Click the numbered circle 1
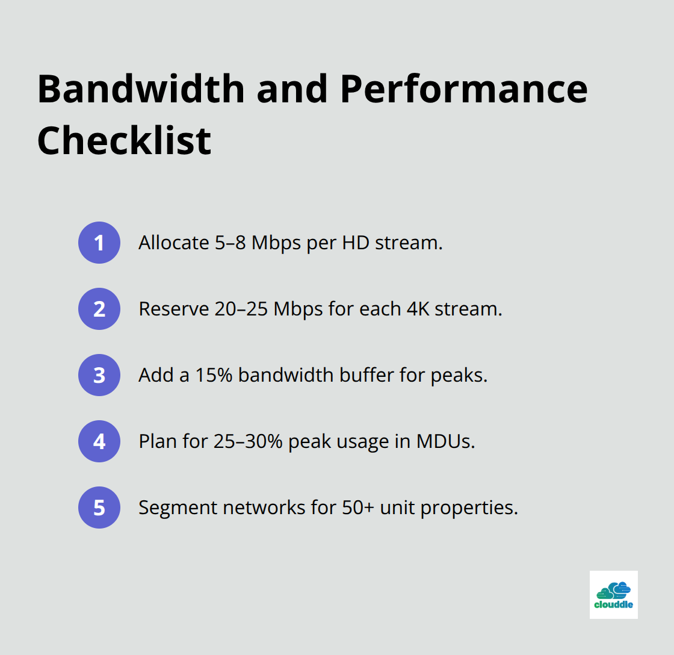coord(99,243)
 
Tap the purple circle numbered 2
coord(99,309)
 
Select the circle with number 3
coord(99,375)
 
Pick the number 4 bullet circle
coord(99,441)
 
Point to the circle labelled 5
coord(99,508)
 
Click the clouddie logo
coord(613,595)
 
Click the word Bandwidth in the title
coord(141,89)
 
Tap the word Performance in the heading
coord(464,89)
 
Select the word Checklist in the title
coord(124,141)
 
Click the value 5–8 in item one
coord(230,243)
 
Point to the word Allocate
coord(174,243)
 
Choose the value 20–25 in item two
coord(241,309)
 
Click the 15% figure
coord(214,375)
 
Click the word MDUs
coord(445,441)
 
